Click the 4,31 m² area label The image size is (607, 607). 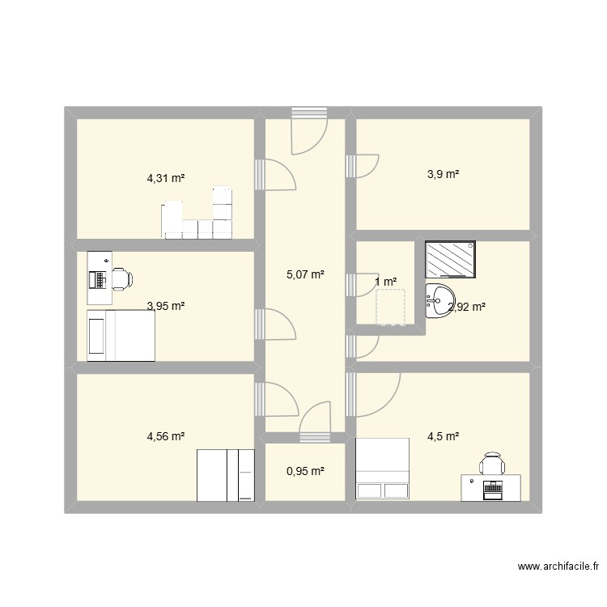click(166, 178)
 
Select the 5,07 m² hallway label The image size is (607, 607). click(306, 275)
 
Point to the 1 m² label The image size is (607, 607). click(386, 282)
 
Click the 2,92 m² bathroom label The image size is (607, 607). click(467, 307)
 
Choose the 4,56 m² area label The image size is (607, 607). click(166, 436)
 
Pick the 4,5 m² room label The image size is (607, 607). click(444, 436)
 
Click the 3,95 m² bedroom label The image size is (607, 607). click(166, 306)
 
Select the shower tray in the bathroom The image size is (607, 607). click(451, 260)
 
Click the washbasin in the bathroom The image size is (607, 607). click(441, 301)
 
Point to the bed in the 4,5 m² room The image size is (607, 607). click(384, 469)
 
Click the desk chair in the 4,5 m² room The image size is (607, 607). click(492, 464)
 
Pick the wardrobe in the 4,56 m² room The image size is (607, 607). click(227, 476)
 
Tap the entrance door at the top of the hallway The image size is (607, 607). click(309, 129)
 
